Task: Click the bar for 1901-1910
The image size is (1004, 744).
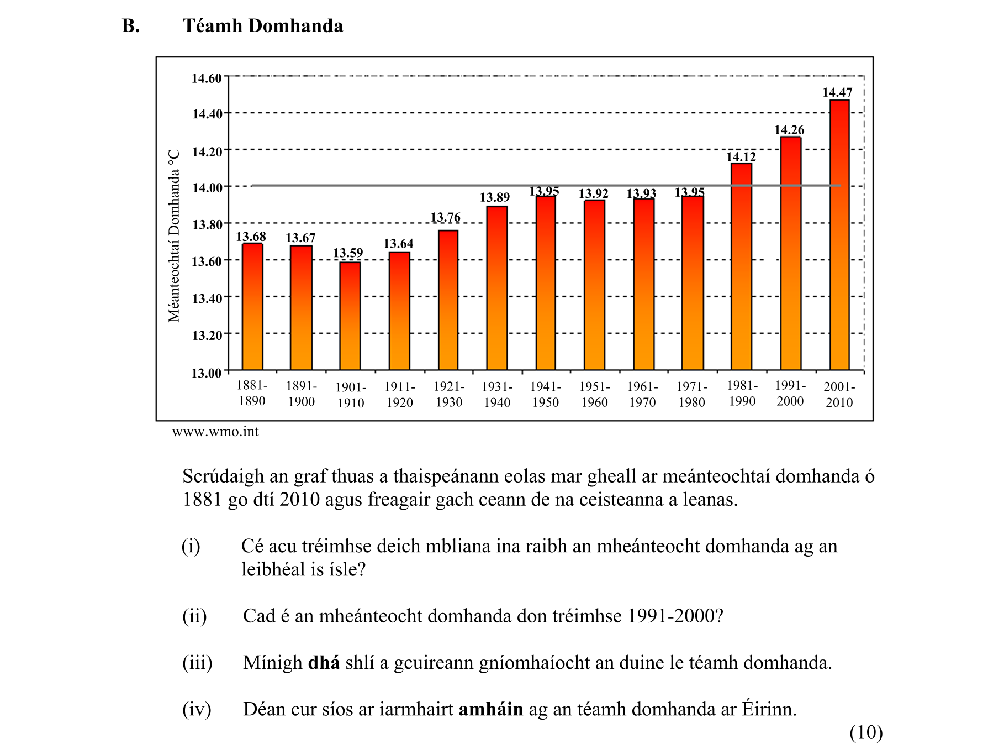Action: tap(350, 316)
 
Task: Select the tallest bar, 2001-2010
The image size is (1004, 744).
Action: tap(839, 235)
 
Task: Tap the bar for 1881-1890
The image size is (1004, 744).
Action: tap(252, 307)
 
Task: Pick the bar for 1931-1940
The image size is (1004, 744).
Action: tap(497, 288)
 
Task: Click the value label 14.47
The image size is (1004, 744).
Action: tap(837, 92)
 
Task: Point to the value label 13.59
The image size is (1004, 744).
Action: tap(348, 253)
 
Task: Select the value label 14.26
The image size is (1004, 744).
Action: tap(789, 130)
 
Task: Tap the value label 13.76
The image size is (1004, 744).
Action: tap(445, 217)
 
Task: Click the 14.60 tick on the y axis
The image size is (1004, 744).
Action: tap(207, 78)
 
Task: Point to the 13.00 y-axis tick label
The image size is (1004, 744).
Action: tap(207, 373)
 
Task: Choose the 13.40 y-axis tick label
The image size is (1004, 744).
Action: tap(207, 298)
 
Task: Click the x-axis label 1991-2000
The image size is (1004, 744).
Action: tap(790, 394)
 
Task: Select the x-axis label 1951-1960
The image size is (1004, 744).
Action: tap(594, 395)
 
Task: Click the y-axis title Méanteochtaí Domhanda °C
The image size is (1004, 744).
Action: tap(175, 235)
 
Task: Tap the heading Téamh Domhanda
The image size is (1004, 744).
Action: tap(263, 26)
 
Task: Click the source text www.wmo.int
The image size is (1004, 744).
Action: tap(215, 432)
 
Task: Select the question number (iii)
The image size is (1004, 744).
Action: tap(197, 662)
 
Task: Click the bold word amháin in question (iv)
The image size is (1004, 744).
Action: tap(490, 709)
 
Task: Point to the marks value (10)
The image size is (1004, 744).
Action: tap(866, 732)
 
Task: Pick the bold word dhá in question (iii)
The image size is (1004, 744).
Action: tap(324, 662)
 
